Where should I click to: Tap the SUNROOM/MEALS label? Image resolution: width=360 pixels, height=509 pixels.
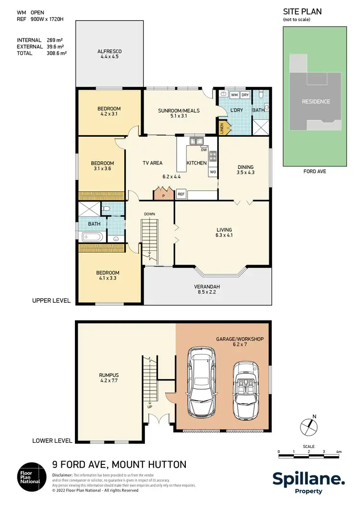[x=179, y=111]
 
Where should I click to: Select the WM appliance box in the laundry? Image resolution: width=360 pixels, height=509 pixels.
[x=235, y=95]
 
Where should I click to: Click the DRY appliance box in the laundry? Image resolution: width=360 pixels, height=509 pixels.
[x=245, y=95]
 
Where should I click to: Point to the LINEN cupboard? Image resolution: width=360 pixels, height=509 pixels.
[x=222, y=128]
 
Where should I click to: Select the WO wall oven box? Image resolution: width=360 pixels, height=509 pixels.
[x=213, y=171]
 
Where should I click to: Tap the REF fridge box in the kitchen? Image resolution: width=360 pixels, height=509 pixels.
[x=181, y=194]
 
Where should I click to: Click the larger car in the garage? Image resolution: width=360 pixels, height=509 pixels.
[x=204, y=381]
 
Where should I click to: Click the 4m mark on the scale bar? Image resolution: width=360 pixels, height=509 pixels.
[x=339, y=452]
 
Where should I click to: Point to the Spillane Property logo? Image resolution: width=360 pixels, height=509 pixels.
[x=309, y=482]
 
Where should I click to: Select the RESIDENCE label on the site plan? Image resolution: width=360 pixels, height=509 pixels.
[x=315, y=102]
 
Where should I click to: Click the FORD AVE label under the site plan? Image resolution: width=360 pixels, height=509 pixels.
[x=315, y=171]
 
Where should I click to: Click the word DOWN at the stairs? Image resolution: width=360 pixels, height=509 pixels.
[x=150, y=214]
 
